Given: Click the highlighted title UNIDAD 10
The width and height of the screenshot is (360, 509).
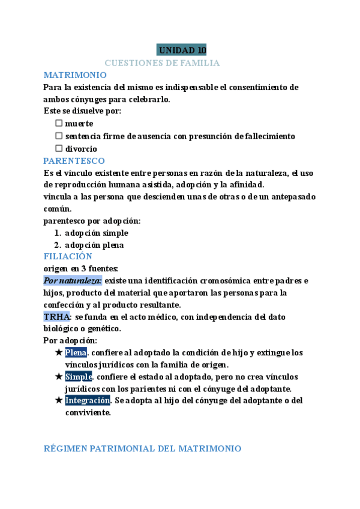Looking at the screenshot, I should (181, 50).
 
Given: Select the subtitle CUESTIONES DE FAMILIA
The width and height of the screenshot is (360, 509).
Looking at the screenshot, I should (162, 62).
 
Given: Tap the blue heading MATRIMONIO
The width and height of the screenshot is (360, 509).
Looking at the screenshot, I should (75, 75).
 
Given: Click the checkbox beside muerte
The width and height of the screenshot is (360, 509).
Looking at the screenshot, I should (59, 123).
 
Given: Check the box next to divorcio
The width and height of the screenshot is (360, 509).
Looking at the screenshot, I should (59, 148).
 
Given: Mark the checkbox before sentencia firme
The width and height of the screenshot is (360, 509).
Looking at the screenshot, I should (59, 136).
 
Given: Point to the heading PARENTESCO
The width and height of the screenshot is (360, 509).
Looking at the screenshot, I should (74, 161).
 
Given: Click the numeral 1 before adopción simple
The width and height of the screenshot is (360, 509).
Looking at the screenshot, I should (57, 233).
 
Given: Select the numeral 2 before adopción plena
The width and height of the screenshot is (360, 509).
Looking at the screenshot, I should (57, 245).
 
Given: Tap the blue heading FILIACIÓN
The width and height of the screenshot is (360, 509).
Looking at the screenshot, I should (68, 256).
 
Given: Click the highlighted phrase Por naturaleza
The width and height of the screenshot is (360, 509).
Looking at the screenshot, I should (73, 280).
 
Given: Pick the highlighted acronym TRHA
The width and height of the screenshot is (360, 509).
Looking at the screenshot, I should (57, 316).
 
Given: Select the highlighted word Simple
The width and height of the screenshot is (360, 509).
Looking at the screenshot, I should (78, 376).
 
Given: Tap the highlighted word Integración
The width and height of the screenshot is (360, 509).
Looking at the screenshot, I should (88, 400).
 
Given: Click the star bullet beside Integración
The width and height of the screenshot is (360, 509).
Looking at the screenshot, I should (58, 400).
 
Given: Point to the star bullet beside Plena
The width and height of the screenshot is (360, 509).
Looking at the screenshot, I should (58, 352).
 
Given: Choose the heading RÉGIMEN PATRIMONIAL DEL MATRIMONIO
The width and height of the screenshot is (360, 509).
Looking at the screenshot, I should (143, 449).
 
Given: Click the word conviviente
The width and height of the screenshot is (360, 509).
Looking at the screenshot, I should (88, 412).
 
